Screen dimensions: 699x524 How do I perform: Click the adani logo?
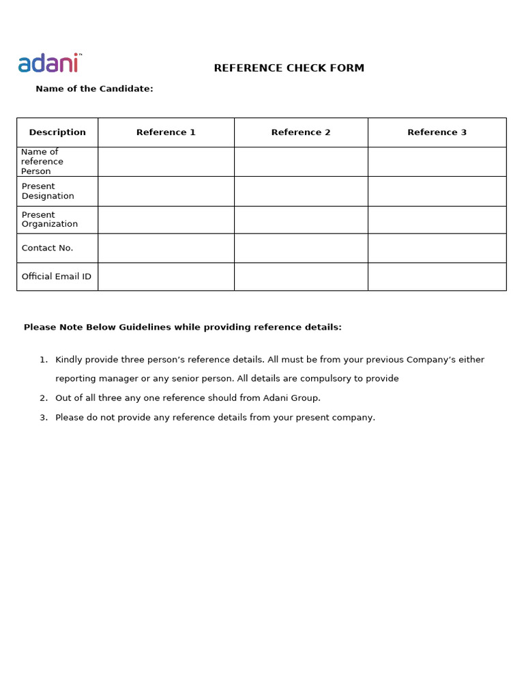(48, 63)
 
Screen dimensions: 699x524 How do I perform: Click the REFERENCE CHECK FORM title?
(289, 68)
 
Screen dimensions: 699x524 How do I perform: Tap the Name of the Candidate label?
(94, 89)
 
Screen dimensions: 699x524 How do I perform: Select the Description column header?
(57, 132)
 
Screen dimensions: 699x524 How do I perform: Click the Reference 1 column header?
(166, 132)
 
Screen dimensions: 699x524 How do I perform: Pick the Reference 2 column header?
(301, 132)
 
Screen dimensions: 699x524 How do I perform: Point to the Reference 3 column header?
(437, 132)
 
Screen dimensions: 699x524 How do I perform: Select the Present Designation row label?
(48, 191)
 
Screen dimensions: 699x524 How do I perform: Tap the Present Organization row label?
(49, 219)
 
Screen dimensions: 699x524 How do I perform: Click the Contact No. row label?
(47, 248)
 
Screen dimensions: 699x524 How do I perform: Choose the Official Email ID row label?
(56, 276)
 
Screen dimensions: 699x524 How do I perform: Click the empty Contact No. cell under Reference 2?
(301, 248)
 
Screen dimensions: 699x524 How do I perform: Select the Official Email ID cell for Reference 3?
(437, 276)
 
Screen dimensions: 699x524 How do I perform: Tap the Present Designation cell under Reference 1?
(166, 191)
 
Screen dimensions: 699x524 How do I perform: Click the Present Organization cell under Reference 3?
(437, 219)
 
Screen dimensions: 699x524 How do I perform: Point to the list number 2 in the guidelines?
(44, 398)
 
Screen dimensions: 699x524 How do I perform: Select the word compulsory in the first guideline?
(345, 379)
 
